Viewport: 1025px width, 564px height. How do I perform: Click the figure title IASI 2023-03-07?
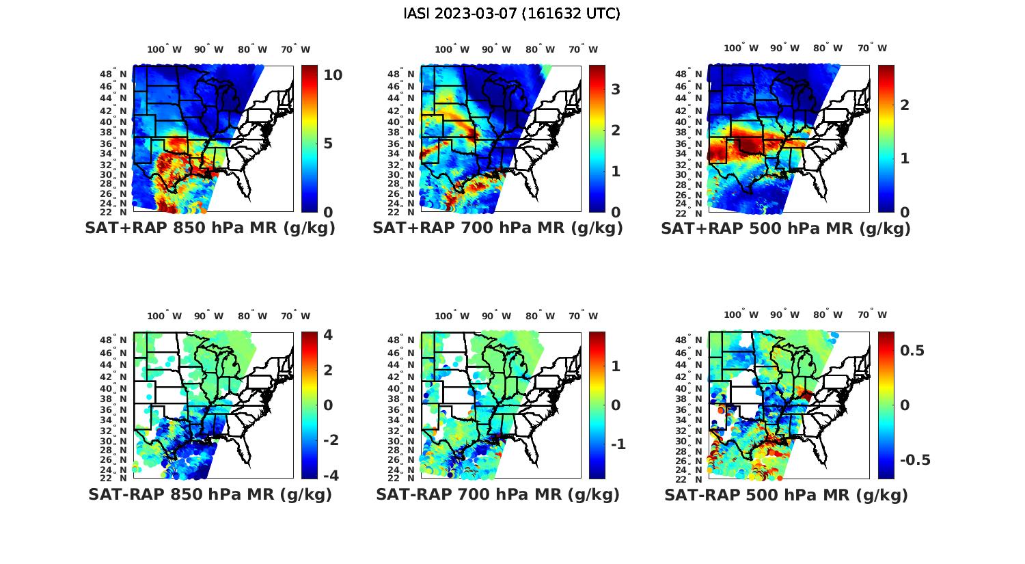point(512,14)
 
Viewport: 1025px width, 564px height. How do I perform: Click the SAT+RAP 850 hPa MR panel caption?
point(210,228)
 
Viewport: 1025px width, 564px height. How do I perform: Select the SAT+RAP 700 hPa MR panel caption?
point(497,228)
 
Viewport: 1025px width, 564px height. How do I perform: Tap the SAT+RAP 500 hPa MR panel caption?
point(786,228)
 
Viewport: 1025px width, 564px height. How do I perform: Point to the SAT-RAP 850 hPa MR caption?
point(210,494)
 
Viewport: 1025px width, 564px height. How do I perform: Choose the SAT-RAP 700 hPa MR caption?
point(497,494)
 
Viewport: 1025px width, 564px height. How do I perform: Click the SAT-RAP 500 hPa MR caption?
point(786,494)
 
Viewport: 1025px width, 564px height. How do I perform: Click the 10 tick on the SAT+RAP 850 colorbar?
point(333,75)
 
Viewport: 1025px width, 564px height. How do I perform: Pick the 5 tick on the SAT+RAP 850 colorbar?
point(328,144)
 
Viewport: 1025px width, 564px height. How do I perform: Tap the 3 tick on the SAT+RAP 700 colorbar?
point(616,89)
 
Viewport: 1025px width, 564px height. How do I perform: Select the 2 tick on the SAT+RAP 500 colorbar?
point(905,105)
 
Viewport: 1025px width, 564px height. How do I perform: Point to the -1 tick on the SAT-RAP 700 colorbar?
point(618,444)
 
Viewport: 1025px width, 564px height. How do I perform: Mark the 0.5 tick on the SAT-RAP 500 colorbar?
point(912,350)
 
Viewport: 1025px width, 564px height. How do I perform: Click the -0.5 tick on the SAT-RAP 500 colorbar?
point(915,459)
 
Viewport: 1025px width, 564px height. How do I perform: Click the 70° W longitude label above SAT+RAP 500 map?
point(872,49)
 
